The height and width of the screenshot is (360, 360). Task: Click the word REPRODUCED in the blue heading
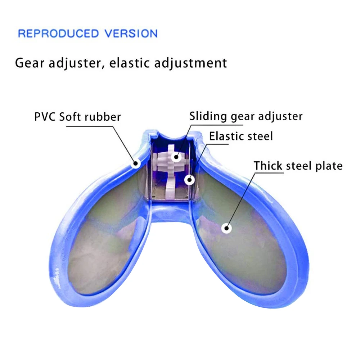point(58,33)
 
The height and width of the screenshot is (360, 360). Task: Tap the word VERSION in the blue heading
point(131,33)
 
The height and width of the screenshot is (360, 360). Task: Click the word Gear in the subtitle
point(30,63)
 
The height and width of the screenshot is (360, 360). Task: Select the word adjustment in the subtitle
point(190,63)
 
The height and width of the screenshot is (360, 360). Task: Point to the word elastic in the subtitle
point(129,63)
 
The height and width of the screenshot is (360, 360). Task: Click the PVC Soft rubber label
point(77,117)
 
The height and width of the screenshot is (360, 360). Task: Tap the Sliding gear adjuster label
point(246,116)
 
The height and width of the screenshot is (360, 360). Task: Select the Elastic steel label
point(241,136)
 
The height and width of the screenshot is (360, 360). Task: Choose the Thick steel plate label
point(298,166)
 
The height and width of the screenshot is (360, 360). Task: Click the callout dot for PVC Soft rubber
point(136,163)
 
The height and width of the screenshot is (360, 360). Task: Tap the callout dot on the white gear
point(176,157)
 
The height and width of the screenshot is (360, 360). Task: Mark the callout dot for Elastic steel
point(189,180)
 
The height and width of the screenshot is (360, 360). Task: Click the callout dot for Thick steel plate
point(226,228)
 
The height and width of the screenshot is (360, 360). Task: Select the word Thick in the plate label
point(268,166)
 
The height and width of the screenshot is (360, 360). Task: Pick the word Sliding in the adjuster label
point(208,116)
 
